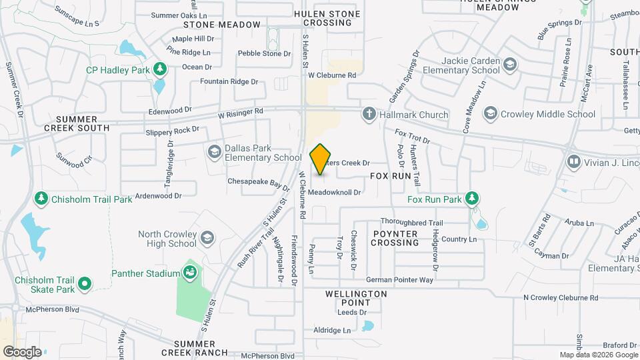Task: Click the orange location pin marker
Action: pyautogui.click(x=321, y=159)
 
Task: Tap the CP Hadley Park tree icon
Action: pyautogui.click(x=159, y=68)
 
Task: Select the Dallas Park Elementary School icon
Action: pyautogui.click(x=214, y=153)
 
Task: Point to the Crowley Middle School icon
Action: pyautogui.click(x=491, y=114)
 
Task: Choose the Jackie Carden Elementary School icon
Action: pyautogui.click(x=510, y=65)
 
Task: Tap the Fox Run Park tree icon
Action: pyautogui.click(x=472, y=199)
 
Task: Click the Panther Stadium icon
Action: pyautogui.click(x=190, y=273)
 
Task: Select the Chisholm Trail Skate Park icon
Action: pyautogui.click(x=85, y=284)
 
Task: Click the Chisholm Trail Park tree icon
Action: pyautogui.click(x=41, y=199)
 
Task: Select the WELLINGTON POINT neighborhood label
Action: pyautogui.click(x=356, y=298)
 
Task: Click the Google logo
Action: pyautogui.click(x=22, y=351)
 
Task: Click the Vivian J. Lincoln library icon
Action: pyautogui.click(x=573, y=162)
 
